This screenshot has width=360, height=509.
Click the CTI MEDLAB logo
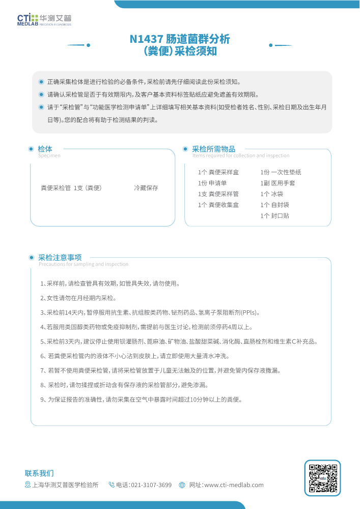pyautogui.click(x=44, y=19)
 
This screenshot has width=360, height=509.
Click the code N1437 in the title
pyautogui.click(x=146, y=39)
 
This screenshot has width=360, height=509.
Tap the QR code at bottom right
pyautogui.click(x=322, y=478)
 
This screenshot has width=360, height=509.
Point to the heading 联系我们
pyautogui.click(x=39, y=473)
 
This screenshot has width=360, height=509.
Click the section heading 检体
pyautogui.click(x=45, y=149)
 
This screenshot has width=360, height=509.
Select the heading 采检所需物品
pyautogui.click(x=213, y=149)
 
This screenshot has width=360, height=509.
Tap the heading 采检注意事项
pyautogui.click(x=60, y=257)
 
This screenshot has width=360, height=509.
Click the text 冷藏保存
pyautogui.click(x=146, y=188)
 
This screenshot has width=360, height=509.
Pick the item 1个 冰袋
pyautogui.click(x=272, y=194)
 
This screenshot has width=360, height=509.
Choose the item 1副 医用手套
pyautogui.click(x=278, y=183)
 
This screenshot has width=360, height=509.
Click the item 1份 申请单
pyautogui.click(x=212, y=183)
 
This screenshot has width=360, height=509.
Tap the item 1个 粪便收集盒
pyautogui.click(x=218, y=205)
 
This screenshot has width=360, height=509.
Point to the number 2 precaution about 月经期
pyautogui.click(x=78, y=298)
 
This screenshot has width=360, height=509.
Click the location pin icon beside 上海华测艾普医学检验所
pyautogui.click(x=28, y=485)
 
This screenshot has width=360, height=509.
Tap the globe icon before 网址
pyautogui.click(x=182, y=485)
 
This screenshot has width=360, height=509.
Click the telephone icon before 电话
pyautogui.click(x=112, y=485)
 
